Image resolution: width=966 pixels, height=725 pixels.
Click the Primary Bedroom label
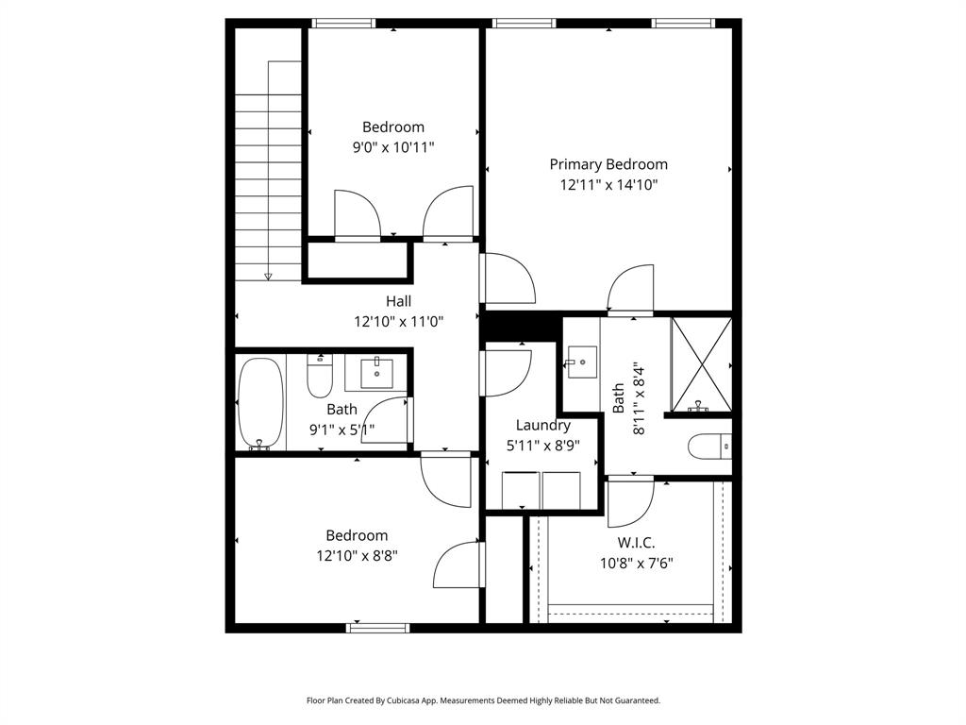point(608,164)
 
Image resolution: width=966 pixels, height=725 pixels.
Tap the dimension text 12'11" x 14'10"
point(608,185)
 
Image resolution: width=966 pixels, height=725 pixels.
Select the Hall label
point(398,301)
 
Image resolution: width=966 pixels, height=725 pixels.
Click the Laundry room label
point(542,425)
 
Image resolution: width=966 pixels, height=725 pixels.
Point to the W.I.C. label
point(636,543)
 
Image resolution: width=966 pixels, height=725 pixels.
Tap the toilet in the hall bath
point(320,379)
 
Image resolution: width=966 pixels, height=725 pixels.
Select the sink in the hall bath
point(376,371)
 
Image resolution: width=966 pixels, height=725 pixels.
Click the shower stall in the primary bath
point(701,364)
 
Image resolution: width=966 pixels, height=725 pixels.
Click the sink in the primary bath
point(581,361)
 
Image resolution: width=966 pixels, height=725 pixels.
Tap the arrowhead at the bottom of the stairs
point(268,276)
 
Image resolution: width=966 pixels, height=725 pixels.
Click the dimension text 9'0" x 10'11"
point(393,147)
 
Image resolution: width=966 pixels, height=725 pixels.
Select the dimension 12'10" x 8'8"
point(357,556)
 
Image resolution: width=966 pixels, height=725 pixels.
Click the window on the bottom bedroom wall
point(378,628)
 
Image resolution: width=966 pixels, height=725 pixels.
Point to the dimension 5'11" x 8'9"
point(542,446)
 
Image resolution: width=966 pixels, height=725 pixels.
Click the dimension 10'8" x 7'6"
point(636,564)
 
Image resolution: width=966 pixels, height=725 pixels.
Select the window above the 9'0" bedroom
point(343,24)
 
